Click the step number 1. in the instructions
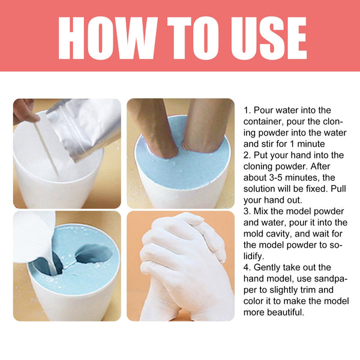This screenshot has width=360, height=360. (x=247, y=110)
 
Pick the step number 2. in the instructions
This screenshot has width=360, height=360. (x=247, y=155)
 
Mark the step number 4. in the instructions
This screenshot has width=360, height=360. (x=247, y=267)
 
